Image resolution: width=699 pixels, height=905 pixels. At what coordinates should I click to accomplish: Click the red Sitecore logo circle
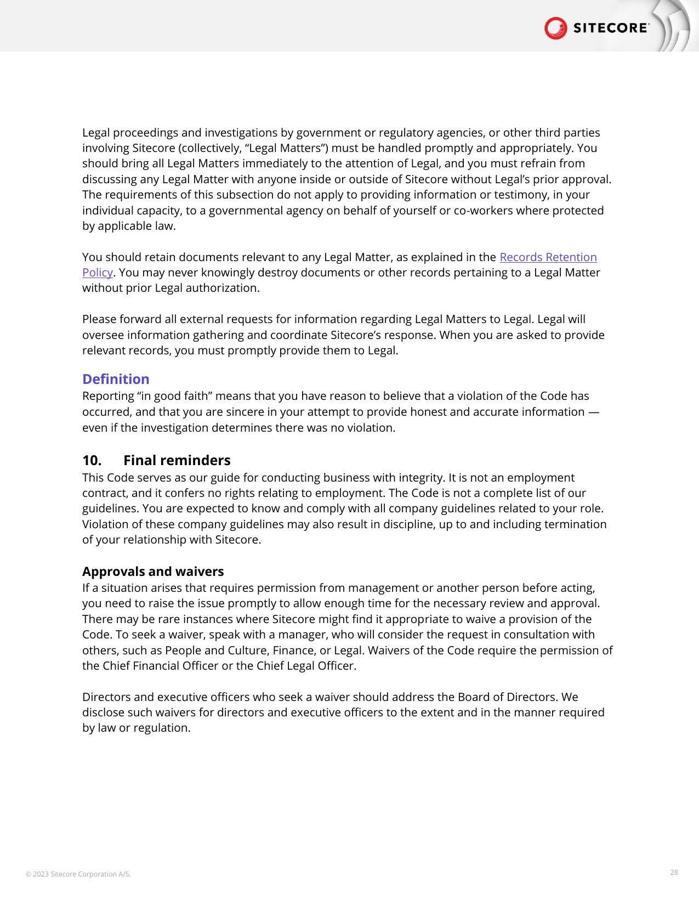pyautogui.click(x=555, y=28)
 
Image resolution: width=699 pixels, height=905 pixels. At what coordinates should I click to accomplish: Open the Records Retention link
pyautogui.click(x=548, y=257)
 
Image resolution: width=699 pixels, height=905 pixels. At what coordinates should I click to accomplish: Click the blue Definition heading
pyautogui.click(x=116, y=379)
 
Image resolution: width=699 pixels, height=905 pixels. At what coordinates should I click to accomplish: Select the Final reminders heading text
pyautogui.click(x=177, y=460)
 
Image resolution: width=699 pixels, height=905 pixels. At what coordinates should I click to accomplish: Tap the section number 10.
pyautogui.click(x=92, y=460)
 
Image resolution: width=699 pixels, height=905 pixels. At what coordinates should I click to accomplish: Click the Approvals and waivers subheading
pyautogui.click(x=153, y=572)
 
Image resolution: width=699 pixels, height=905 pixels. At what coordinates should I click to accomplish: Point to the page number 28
pyautogui.click(x=674, y=872)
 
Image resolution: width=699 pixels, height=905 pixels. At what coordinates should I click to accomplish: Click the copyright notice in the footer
pyautogui.click(x=78, y=874)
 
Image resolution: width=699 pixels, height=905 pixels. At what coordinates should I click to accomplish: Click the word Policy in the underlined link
pyautogui.click(x=97, y=273)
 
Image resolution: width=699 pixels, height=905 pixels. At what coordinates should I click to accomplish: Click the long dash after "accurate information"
pyautogui.click(x=593, y=412)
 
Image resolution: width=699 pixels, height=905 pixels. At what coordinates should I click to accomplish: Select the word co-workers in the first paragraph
pyautogui.click(x=481, y=211)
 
